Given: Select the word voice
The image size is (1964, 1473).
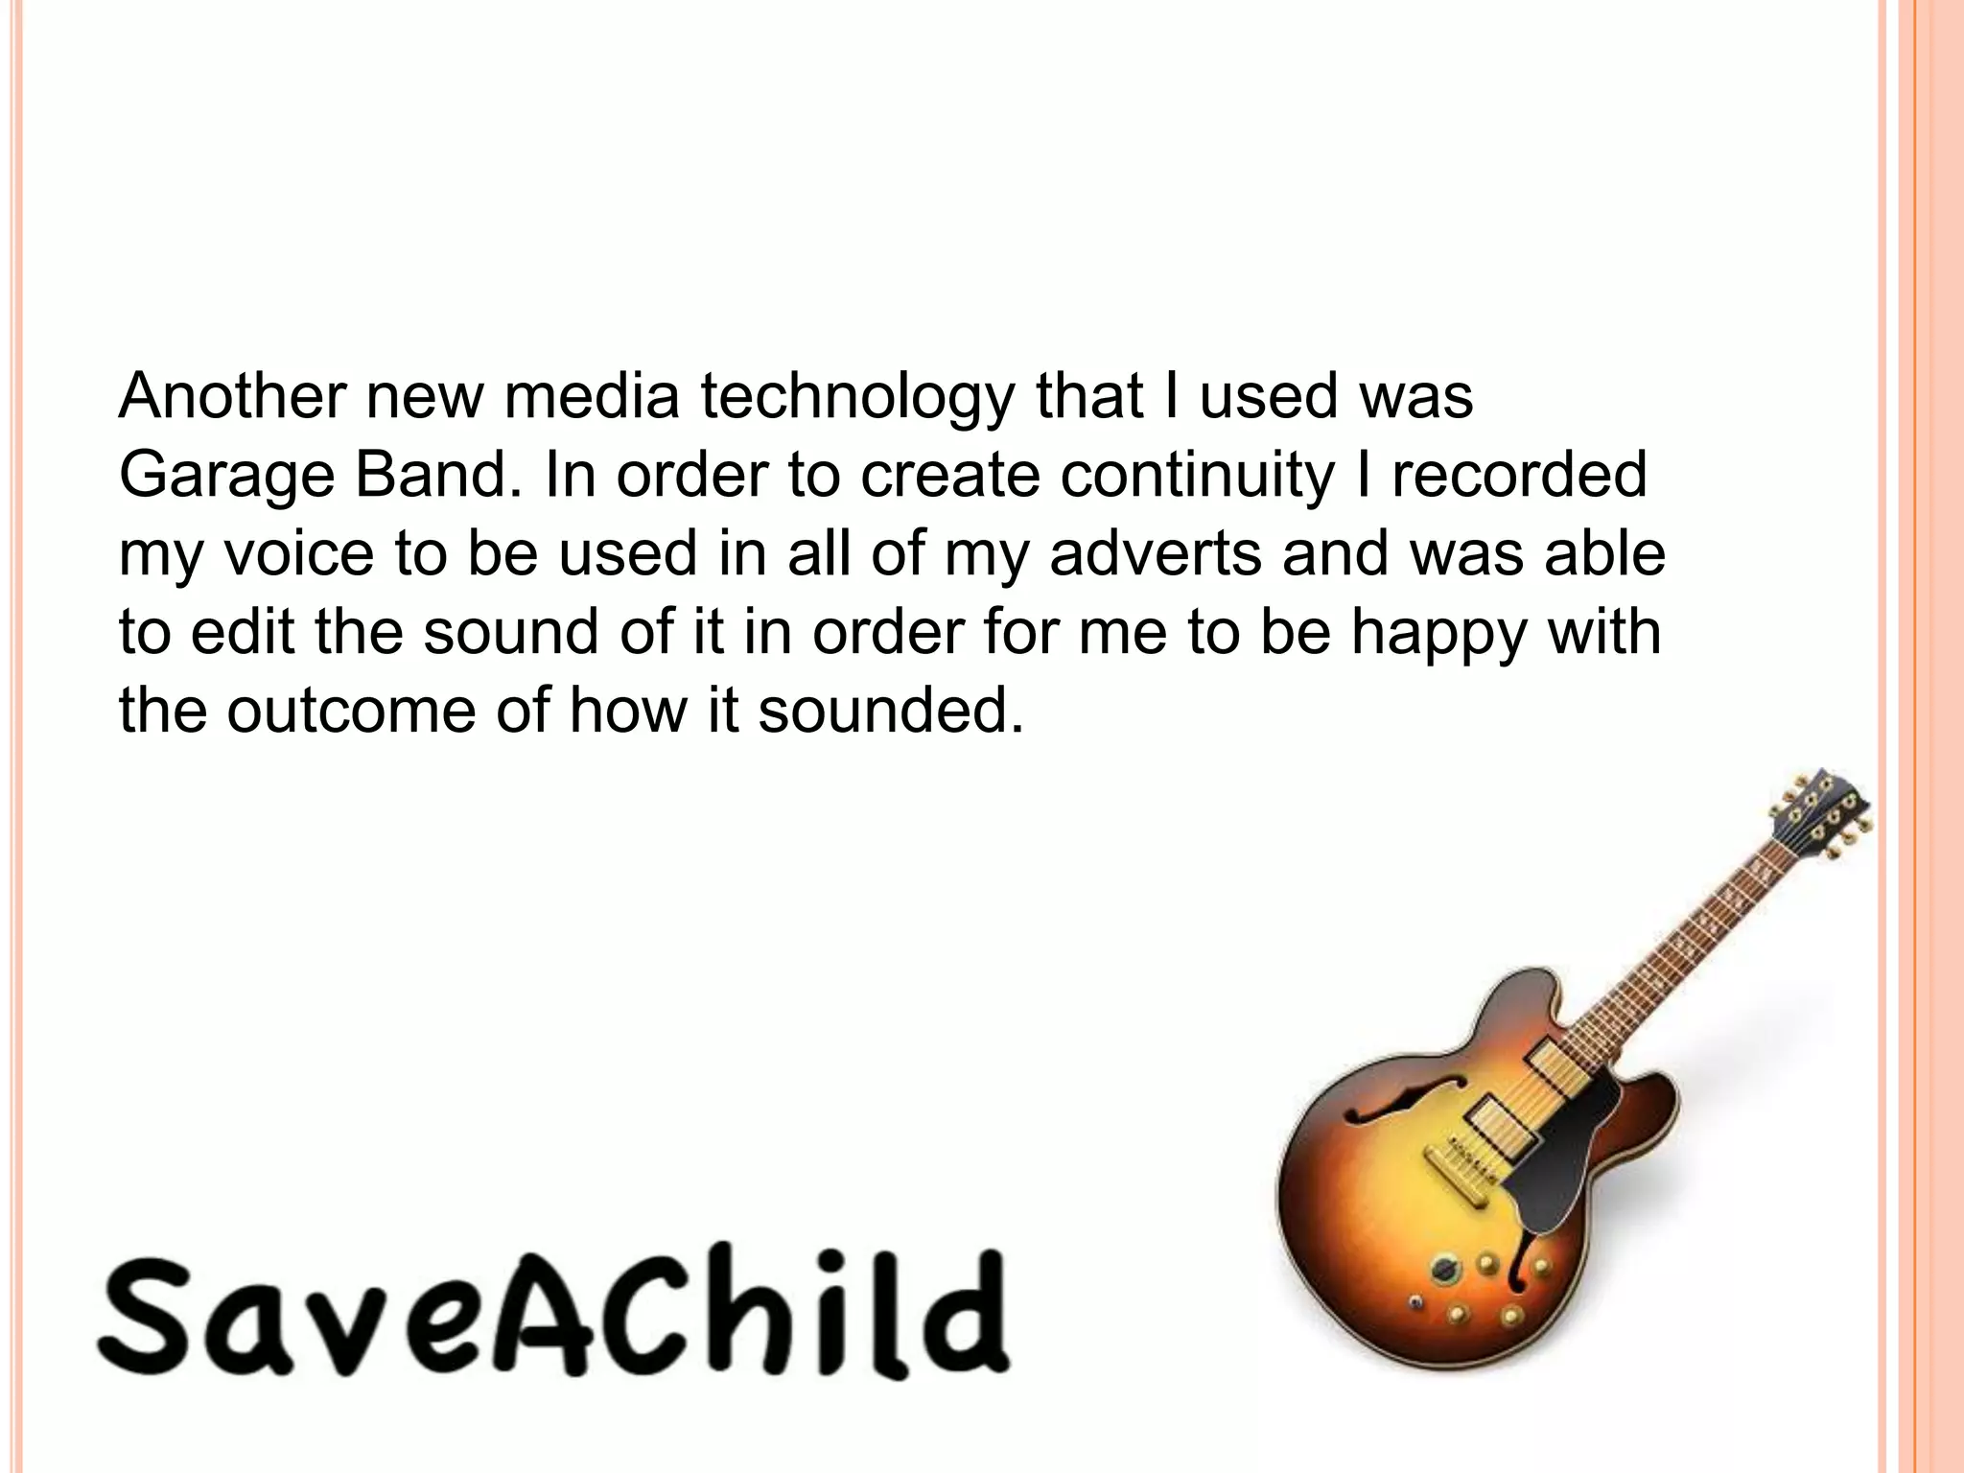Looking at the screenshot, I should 298,553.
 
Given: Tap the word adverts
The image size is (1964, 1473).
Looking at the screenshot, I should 1155,553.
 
